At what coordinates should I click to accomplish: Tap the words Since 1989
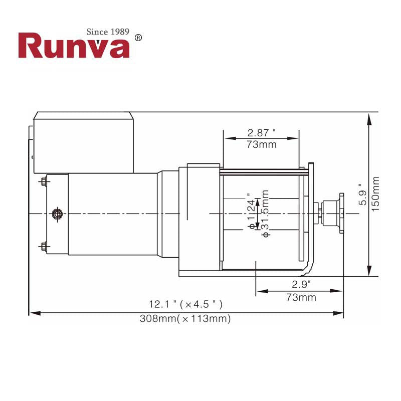click(108, 32)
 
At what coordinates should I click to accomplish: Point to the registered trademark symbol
click(139, 38)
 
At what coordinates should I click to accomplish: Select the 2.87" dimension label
click(261, 133)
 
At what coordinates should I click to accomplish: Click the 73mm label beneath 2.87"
click(261, 145)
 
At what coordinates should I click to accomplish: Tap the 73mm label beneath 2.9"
click(301, 297)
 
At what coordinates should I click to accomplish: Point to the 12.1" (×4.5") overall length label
click(185, 304)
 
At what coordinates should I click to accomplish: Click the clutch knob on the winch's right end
click(333, 214)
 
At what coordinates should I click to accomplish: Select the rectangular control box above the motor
click(84, 143)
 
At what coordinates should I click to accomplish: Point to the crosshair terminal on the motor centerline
click(57, 214)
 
